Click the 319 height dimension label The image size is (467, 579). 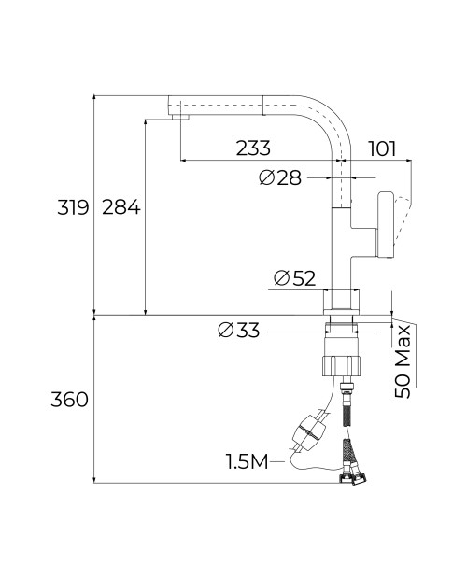tap(73, 207)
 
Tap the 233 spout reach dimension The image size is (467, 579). tap(253, 148)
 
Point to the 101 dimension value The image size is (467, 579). tap(382, 149)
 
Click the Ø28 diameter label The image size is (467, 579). tap(280, 178)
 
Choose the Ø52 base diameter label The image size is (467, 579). tap(295, 278)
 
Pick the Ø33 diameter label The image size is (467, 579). tap(238, 330)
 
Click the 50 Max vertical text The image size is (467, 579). tap(403, 361)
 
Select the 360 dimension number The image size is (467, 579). tap(69, 400)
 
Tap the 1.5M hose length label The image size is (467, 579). tap(247, 462)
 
